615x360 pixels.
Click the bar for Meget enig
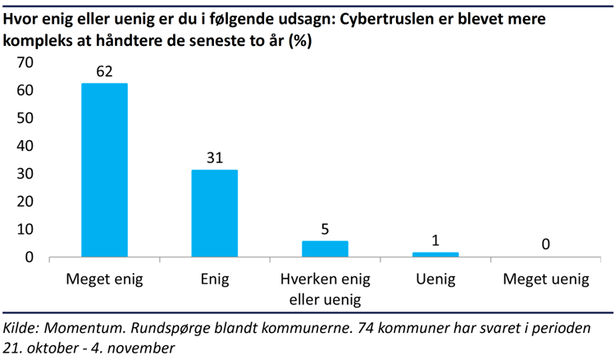pos(104,171)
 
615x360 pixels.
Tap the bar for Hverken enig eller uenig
pos(325,248)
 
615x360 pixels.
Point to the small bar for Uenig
pos(435,254)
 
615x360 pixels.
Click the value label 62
pos(104,71)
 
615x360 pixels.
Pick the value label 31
pos(214,157)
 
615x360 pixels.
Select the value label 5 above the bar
pos(325,229)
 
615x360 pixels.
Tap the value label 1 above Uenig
pos(435,240)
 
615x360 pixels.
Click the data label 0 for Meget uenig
pos(545,244)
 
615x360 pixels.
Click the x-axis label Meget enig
pos(104,280)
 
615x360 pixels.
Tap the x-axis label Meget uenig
pos(545,280)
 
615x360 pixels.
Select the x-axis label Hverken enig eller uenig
pos(325,289)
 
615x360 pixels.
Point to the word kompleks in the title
pos(37,39)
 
